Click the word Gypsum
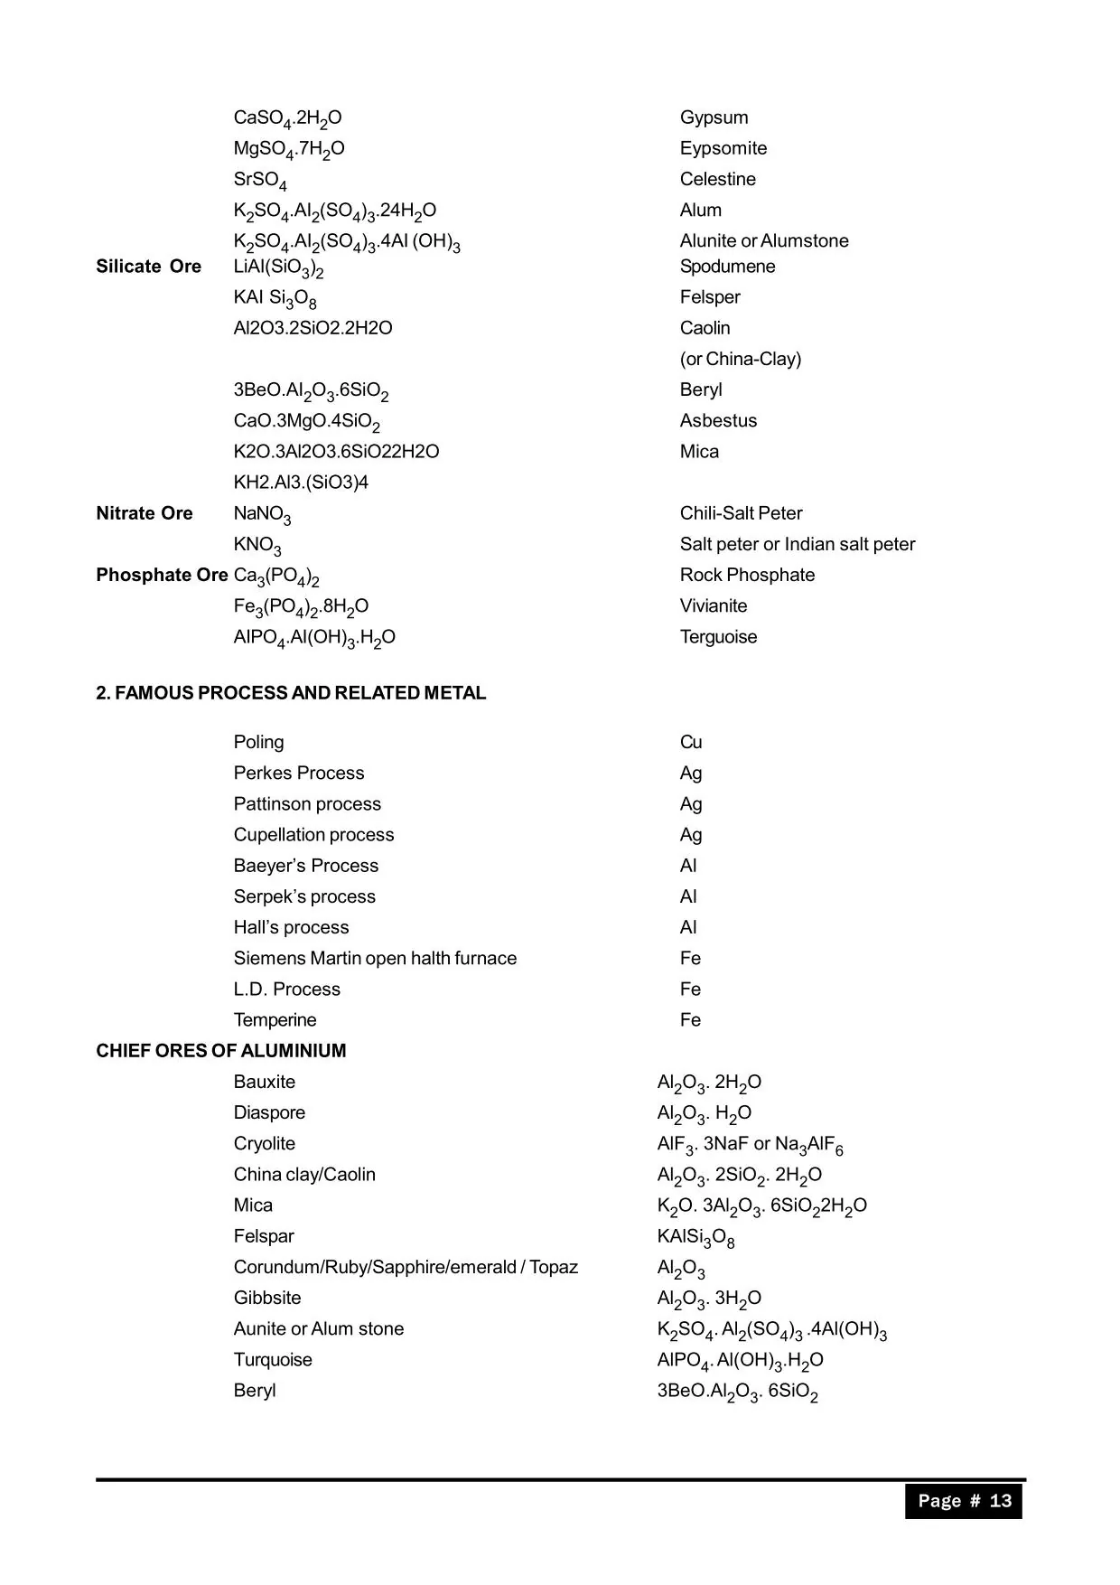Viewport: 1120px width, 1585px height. [714, 117]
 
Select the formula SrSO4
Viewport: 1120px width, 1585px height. [260, 180]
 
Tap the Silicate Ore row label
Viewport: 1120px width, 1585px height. [148, 267]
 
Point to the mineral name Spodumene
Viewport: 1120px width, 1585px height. [727, 267]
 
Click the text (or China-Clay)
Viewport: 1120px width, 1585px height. [740, 359]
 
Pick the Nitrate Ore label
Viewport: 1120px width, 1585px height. [145, 513]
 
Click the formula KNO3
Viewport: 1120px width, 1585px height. [257, 545]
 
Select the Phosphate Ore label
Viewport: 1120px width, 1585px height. [162, 575]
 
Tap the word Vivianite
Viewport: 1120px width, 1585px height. [714, 605]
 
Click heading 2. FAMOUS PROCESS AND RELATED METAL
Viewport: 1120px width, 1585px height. [291, 693]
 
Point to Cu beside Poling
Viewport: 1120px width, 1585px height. [691, 742]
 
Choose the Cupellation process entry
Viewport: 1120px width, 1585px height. [313, 835]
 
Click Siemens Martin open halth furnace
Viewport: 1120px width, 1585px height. [375, 958]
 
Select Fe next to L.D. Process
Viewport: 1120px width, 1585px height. [690, 989]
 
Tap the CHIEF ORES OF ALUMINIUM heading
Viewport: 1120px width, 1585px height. [221, 1051]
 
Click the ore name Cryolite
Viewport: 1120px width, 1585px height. [264, 1144]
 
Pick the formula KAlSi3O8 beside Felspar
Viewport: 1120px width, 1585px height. [695, 1237]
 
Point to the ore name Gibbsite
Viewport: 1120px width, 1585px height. [267, 1298]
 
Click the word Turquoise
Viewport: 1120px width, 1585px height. [273, 1360]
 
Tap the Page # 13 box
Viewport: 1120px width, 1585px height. [964, 1501]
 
